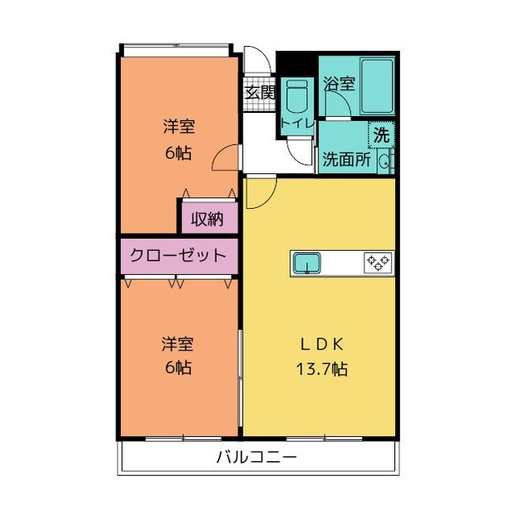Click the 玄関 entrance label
coord(260,92)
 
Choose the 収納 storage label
coord(207,218)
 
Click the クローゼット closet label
coord(179,256)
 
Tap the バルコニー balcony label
coord(256,457)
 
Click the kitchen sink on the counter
coord(307,262)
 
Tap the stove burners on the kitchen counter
coord(377,262)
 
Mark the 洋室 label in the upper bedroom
coord(178,127)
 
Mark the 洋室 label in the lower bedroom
coord(178,344)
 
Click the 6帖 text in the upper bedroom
coord(178,152)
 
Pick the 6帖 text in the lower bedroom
coord(178,369)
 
